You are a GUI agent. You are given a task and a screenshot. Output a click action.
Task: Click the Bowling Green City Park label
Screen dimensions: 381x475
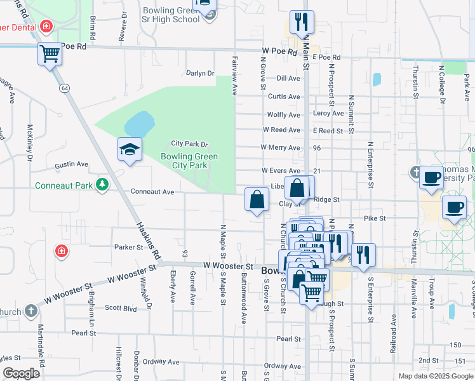(189, 161)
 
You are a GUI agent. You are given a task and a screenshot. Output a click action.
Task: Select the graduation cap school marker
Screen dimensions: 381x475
(130, 150)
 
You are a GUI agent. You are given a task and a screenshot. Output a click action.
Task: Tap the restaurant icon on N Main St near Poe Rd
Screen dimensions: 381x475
(301, 22)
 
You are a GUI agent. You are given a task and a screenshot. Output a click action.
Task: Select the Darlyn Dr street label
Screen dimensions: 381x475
(201, 74)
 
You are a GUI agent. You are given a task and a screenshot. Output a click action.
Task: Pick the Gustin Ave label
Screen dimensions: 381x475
(71, 164)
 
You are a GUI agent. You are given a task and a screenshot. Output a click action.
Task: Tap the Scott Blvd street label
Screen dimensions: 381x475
(121, 308)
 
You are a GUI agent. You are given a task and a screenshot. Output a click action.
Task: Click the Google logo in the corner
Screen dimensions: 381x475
(21, 373)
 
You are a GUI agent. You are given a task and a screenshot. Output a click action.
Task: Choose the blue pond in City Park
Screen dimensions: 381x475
(140, 121)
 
